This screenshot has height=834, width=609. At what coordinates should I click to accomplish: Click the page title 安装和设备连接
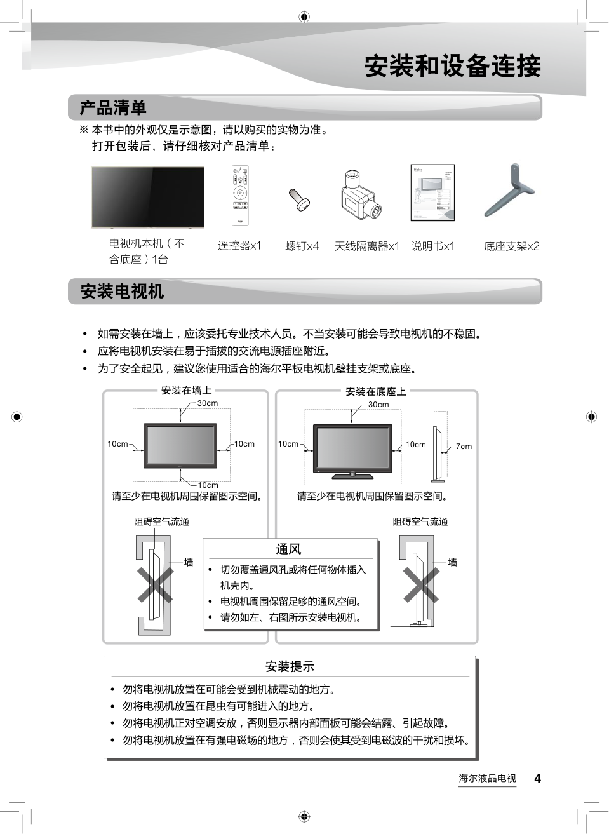452,66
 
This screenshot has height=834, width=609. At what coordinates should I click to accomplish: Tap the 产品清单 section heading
113,108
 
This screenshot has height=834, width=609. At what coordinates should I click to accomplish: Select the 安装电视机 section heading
122,292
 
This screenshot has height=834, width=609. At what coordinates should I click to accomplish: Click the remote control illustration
240,196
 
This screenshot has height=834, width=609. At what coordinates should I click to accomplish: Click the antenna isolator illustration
360,194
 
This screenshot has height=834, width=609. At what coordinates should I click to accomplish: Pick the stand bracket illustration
510,191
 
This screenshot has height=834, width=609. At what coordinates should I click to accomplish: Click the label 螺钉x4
302,246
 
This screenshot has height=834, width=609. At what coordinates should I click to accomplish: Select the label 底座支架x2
511,246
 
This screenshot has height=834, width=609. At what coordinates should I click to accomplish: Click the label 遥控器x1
239,245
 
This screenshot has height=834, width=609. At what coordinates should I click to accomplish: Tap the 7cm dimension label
464,447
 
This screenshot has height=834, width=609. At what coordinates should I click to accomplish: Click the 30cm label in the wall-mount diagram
208,403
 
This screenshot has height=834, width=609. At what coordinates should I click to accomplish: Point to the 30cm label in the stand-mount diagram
378,405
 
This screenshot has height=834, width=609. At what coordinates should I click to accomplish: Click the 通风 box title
288,549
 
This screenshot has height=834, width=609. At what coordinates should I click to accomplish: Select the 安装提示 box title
290,666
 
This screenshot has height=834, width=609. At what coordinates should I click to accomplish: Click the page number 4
537,779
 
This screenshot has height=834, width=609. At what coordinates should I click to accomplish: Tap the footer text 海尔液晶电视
487,779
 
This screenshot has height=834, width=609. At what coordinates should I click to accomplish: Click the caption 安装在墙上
186,391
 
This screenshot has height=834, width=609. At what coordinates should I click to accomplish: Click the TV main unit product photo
147,197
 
